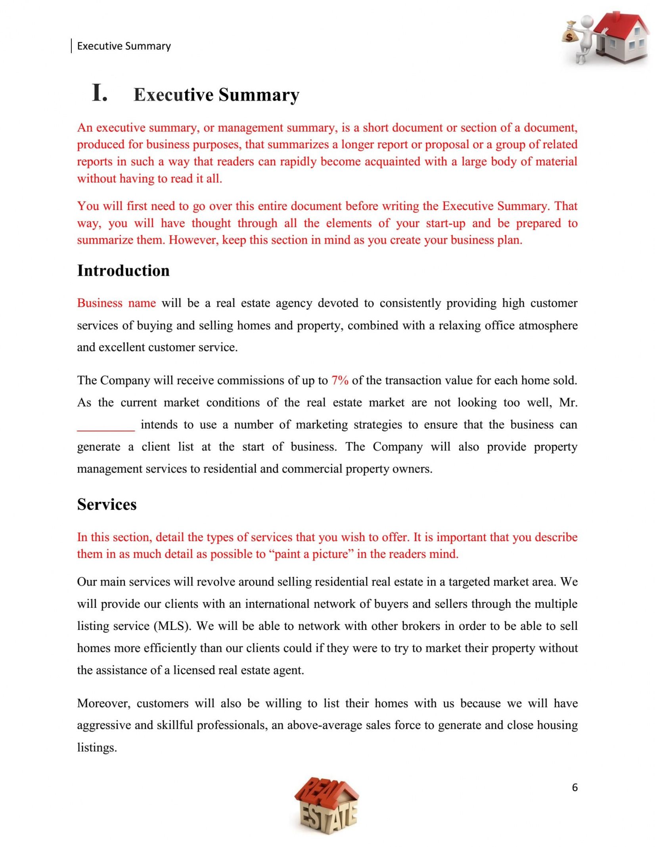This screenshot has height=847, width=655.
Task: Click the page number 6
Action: [575, 787]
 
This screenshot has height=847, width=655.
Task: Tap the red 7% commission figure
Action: [340, 380]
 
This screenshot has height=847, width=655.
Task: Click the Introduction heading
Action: [123, 271]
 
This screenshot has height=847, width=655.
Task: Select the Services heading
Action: [107, 504]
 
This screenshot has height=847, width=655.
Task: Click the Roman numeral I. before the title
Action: [100, 93]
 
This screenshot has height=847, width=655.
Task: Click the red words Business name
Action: [116, 303]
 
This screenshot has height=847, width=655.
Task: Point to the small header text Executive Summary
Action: [124, 46]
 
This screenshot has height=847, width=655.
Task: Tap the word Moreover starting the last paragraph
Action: [103, 703]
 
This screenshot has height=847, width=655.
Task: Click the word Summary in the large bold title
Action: [259, 95]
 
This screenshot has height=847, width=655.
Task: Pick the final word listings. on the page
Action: [97, 748]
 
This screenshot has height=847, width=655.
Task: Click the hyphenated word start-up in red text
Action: [446, 223]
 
